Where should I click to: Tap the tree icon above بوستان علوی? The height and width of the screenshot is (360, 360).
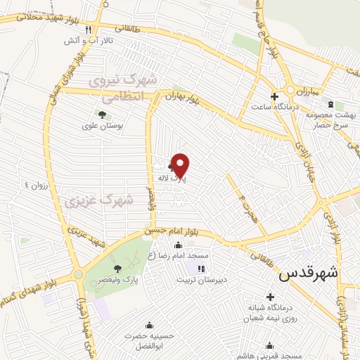[x=103, y=113]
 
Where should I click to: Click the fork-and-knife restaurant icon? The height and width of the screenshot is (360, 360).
[x=88, y=30]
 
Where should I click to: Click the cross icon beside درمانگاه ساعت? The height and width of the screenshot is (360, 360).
[x=274, y=96]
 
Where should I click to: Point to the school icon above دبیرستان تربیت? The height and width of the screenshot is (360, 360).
[x=202, y=268]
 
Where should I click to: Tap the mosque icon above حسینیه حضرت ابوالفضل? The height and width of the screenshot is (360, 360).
[x=148, y=325]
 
